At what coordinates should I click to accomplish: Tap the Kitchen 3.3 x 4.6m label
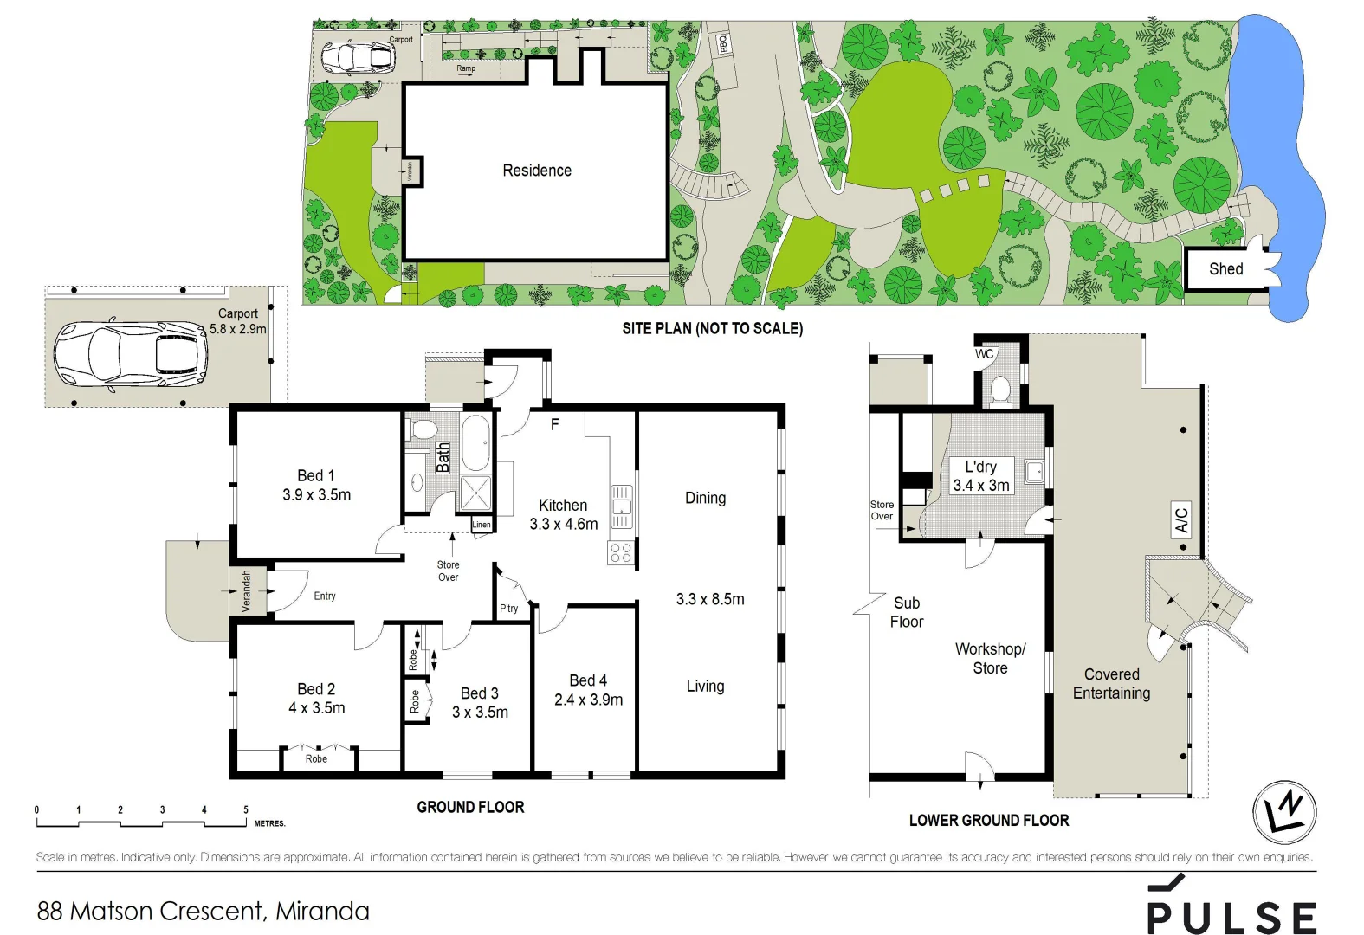[x=563, y=514]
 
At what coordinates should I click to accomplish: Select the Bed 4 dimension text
[x=588, y=700]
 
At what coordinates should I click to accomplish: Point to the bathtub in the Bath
[x=475, y=442]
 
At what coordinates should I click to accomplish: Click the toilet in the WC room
[x=1000, y=390]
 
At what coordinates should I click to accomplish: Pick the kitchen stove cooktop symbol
[x=620, y=552]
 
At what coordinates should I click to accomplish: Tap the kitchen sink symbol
[x=622, y=507]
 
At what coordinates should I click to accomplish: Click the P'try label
[x=508, y=609]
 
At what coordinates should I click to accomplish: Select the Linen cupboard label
[x=482, y=525]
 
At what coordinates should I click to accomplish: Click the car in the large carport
[x=131, y=354]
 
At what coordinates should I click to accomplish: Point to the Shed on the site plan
[x=1225, y=269]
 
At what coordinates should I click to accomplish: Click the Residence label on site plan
[x=537, y=171]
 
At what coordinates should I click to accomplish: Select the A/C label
[x=1181, y=519]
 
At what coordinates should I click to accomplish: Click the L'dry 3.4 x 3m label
[x=980, y=476]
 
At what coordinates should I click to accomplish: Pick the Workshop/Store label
[x=990, y=658]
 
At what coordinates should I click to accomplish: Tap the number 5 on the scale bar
[x=246, y=810]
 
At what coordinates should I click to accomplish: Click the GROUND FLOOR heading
[x=470, y=807]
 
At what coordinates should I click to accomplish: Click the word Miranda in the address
[x=322, y=911]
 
